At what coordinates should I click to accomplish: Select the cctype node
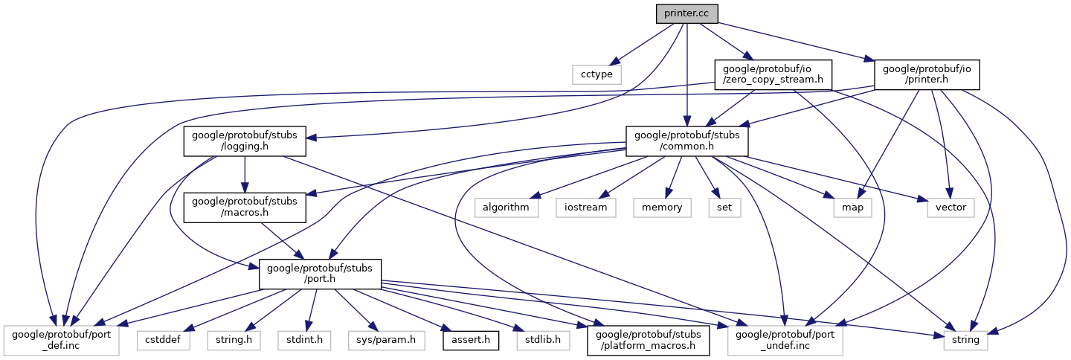(x=596, y=74)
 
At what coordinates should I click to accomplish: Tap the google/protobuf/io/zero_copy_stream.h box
(x=773, y=74)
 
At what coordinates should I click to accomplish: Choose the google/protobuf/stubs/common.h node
(x=686, y=141)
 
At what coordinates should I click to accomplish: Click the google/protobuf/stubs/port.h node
(x=320, y=274)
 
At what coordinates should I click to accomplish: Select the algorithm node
(x=506, y=208)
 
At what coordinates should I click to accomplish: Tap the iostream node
(x=585, y=208)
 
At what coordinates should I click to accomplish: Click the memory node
(x=661, y=208)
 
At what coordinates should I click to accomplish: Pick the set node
(x=724, y=208)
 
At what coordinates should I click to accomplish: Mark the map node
(x=852, y=208)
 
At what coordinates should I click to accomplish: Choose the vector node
(x=951, y=208)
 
